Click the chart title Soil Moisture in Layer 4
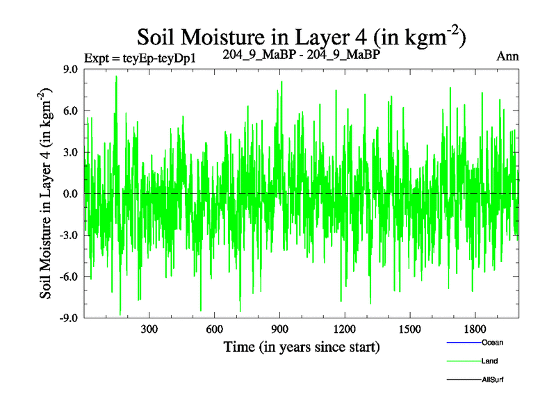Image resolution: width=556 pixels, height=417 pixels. pyautogui.click(x=301, y=36)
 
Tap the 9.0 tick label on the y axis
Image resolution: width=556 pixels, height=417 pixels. pyautogui.click(x=70, y=69)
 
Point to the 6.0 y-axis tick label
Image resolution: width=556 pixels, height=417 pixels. pyautogui.click(x=70, y=111)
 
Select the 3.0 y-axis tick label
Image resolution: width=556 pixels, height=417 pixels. pyautogui.click(x=70, y=152)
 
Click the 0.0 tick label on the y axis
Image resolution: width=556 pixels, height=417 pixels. pyautogui.click(x=70, y=194)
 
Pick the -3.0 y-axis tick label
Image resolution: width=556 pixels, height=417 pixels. pyautogui.click(x=69, y=235)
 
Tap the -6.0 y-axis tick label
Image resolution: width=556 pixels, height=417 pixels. pyautogui.click(x=69, y=277)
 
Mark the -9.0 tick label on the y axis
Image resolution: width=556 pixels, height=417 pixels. pyautogui.click(x=69, y=318)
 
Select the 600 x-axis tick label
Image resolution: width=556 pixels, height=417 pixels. pyautogui.click(x=215, y=329)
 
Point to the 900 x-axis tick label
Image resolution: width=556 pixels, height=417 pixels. pyautogui.click(x=280, y=329)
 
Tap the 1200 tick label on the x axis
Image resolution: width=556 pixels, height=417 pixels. pyautogui.click(x=345, y=329)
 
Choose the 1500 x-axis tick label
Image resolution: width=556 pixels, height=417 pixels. pyautogui.click(x=410, y=329)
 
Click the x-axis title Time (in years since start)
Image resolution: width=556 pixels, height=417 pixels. pyautogui.click(x=301, y=346)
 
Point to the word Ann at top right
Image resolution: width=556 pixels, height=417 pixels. pyautogui.click(x=507, y=56)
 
